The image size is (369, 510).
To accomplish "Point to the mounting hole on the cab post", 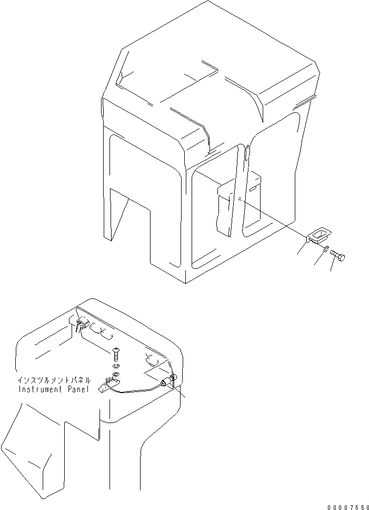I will pyautogui.click(x=239, y=199).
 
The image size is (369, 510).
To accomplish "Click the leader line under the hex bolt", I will pyautogui.click(x=332, y=267).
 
